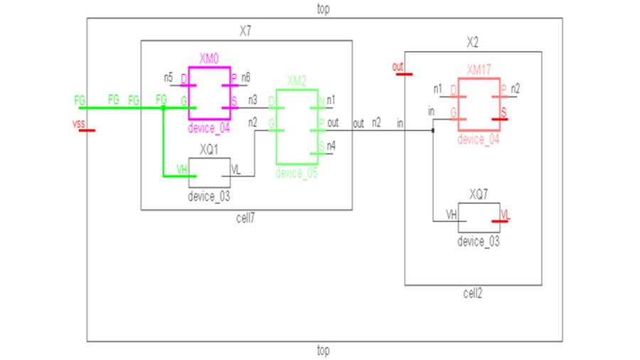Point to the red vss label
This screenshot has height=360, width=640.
[78, 125]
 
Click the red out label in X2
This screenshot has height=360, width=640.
[398, 68]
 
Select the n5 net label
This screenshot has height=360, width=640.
[169, 77]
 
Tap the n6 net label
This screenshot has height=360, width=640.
[246, 77]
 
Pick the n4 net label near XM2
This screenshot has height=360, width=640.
[331, 146]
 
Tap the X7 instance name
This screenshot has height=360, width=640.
[245, 32]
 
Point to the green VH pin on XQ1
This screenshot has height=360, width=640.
[181, 169]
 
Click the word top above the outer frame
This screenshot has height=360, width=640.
[323, 9]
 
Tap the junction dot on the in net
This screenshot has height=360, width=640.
[432, 130]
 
